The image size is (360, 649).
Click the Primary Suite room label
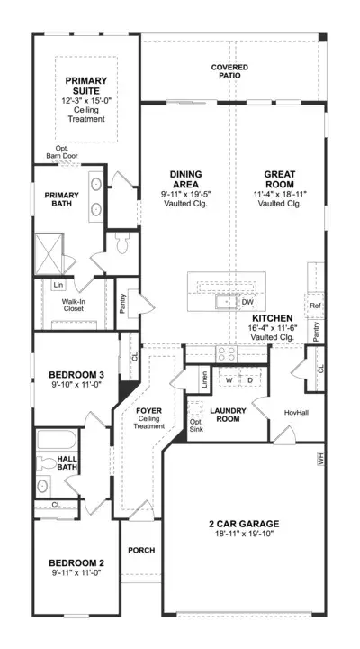point(86,86)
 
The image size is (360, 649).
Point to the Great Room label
point(280,179)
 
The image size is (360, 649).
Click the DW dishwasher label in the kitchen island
point(247,302)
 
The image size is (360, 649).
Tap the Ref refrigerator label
point(315,306)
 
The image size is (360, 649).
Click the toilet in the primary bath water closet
point(123,243)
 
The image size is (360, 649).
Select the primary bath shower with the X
point(49,254)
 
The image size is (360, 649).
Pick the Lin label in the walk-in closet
point(58,285)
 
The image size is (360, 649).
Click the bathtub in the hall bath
point(57,440)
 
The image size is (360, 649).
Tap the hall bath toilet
point(45,463)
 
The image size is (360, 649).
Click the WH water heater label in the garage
point(320,459)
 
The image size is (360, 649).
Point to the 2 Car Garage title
point(244,524)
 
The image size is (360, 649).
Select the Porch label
point(141,550)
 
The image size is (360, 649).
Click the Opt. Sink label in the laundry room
point(196,425)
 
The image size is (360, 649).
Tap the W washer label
point(229,380)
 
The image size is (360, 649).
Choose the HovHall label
point(297,413)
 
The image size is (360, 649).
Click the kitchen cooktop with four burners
point(227,354)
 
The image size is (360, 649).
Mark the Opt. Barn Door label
point(62,152)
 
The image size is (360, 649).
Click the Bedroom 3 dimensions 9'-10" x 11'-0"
point(76,384)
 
